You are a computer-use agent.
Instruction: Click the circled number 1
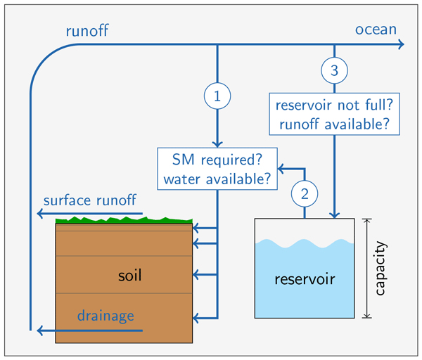tap(217, 97)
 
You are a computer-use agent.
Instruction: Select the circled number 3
tap(334, 70)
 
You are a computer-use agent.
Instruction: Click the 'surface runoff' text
tap(89, 200)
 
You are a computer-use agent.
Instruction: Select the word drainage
tap(105, 316)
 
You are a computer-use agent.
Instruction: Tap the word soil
tap(130, 274)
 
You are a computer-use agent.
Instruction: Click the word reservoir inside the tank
tap(305, 278)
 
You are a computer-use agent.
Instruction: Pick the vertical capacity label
tap(381, 269)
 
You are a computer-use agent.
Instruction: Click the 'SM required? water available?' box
tap(217, 169)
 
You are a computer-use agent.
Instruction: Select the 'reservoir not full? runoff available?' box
tap(334, 115)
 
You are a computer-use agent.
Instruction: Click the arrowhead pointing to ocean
tap(402, 45)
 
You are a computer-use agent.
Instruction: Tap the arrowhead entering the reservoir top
tap(334, 214)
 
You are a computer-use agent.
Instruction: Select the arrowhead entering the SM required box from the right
tap(281, 169)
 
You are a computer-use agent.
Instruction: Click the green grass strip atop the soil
tap(124, 221)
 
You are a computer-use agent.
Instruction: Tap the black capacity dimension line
tap(366, 269)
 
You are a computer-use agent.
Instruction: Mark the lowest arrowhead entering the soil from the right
tap(196, 320)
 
